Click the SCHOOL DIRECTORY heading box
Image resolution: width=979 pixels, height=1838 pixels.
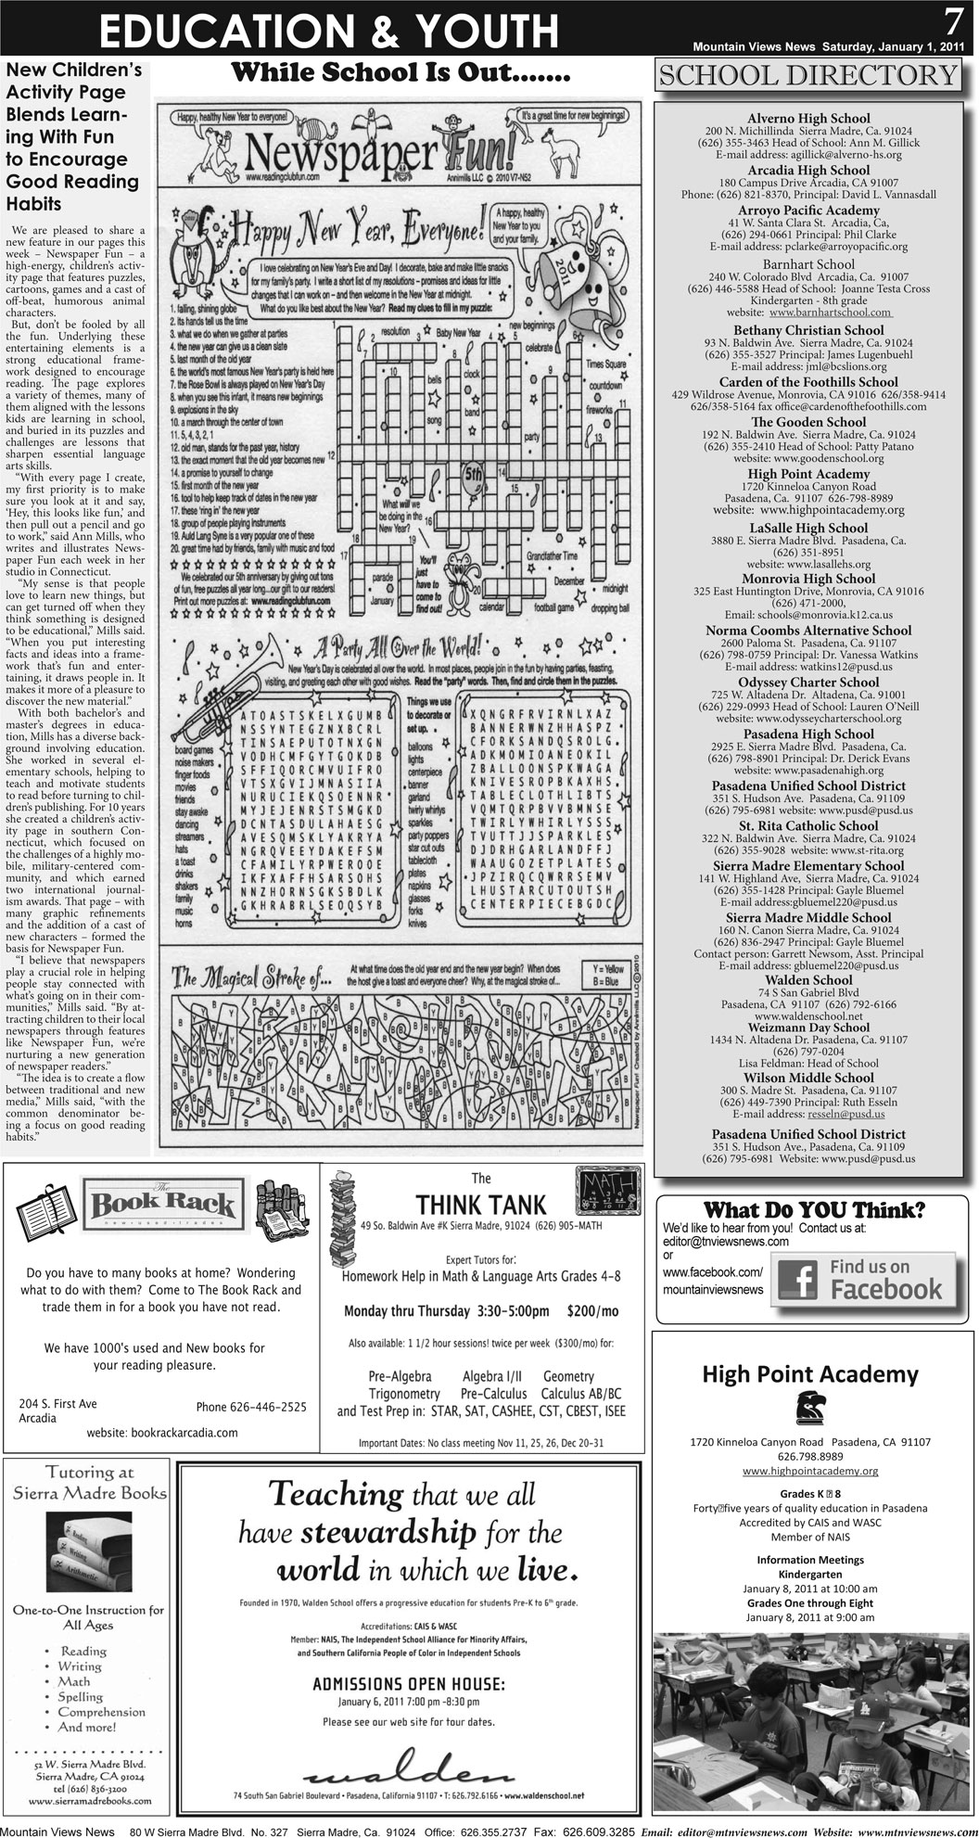(807, 75)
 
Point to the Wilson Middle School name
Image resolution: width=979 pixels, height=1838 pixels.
(808, 1078)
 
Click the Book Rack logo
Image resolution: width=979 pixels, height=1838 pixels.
(162, 1205)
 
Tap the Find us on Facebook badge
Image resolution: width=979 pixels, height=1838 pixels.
(857, 1279)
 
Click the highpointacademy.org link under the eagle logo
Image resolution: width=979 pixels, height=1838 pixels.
(810, 1471)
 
